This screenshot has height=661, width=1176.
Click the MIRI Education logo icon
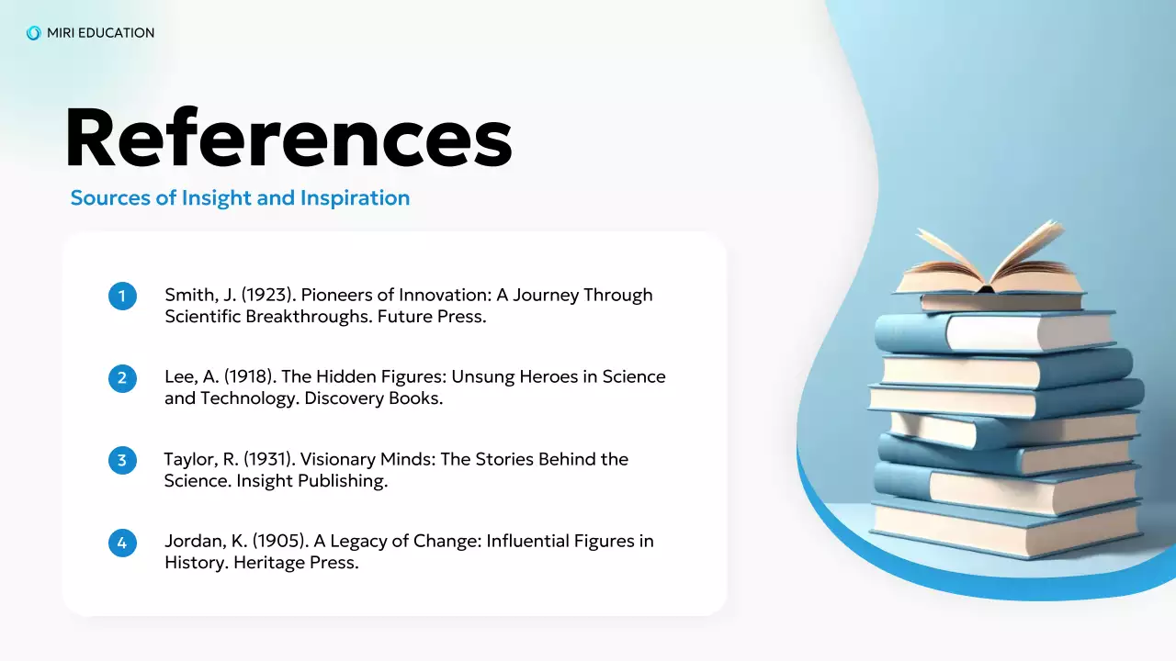(34, 33)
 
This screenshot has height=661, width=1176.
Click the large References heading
(288, 139)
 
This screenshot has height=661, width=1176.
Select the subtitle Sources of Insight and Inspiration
(240, 197)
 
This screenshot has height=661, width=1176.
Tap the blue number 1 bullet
(122, 297)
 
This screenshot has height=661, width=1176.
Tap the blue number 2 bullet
(122, 378)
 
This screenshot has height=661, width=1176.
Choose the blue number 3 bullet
(122, 460)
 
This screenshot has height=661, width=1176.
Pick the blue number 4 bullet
(122, 542)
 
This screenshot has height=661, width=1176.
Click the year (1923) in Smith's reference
(268, 296)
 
